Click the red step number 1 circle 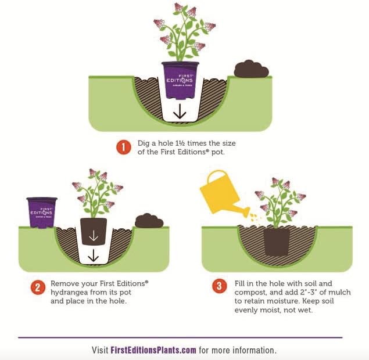(124, 147)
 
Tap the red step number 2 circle (38, 287)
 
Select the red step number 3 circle (220, 286)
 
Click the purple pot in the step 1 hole (181, 80)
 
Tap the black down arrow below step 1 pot (180, 111)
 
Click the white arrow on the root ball (94, 236)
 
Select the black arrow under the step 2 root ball (94, 255)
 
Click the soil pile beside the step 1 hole (252, 69)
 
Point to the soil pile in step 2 (149, 221)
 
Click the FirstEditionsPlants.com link (153, 350)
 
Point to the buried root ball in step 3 (277, 242)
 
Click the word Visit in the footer (100, 350)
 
